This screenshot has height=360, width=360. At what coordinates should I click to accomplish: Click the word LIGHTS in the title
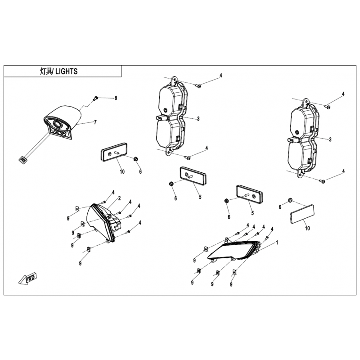click(x=67, y=72)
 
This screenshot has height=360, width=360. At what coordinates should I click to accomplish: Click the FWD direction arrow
click(x=28, y=278)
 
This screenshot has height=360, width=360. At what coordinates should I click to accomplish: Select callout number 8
click(x=116, y=98)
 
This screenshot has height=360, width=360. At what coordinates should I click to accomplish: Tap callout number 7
click(x=95, y=122)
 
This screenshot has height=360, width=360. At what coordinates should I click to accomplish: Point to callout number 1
click(x=277, y=243)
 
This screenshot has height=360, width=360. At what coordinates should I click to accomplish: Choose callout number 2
click(x=119, y=198)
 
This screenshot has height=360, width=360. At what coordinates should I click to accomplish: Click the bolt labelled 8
click(x=95, y=99)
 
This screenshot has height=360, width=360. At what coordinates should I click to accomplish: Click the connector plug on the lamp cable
click(x=23, y=160)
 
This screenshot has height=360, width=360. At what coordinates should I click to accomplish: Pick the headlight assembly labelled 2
click(x=103, y=222)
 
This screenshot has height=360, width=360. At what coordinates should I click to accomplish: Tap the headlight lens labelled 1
click(x=234, y=251)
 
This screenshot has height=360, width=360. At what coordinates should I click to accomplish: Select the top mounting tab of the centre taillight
click(x=175, y=80)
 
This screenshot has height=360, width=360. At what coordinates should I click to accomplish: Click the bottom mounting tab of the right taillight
click(x=301, y=174)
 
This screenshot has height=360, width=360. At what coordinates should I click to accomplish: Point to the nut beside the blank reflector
click(x=290, y=200)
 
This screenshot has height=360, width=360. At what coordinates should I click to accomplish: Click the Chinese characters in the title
click(x=46, y=72)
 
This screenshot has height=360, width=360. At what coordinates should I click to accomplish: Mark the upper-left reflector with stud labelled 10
click(x=114, y=152)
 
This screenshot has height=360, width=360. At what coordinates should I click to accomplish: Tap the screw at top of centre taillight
click(x=198, y=86)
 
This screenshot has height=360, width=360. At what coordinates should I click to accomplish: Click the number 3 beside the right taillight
click(x=330, y=139)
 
